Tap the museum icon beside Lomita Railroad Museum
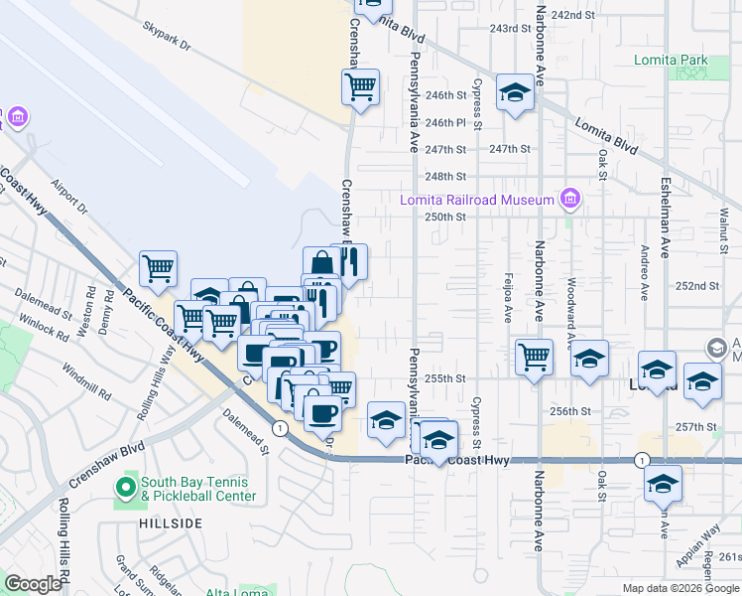coord(569,200)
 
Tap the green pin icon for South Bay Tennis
coord(125,489)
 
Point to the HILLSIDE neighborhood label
coord(171,522)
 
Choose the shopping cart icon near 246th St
coord(360,86)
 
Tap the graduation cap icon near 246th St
coord(515,93)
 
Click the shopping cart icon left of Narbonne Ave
coord(534,356)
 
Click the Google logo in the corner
coord(34,584)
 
